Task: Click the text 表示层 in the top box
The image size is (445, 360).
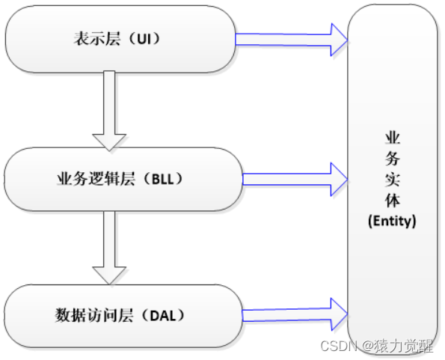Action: [96, 39]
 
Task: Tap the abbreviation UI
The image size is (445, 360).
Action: [144, 39]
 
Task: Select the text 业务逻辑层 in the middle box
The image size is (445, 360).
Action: [96, 179]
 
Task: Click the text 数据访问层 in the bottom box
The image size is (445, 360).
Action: [94, 315]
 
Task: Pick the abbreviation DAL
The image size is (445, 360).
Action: [162, 315]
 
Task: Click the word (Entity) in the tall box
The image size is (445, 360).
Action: [392, 221]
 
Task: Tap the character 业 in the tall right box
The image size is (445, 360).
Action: [393, 138]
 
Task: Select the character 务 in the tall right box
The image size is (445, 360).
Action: [393, 159]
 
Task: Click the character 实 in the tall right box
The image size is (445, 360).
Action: [393, 180]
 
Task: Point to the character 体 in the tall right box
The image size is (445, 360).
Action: [393, 200]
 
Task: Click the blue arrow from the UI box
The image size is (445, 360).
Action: [292, 40]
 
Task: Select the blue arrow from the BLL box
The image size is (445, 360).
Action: [295, 179]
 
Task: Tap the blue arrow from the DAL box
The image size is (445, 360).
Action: [295, 314]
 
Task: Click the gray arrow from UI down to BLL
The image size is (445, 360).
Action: [109, 111]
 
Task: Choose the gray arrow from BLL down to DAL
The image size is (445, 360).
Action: [109, 248]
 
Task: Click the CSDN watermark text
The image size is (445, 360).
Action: [338, 346]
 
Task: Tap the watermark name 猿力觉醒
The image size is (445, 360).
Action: [404, 346]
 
